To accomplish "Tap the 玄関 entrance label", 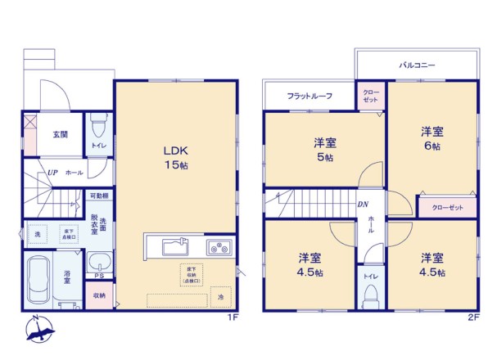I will pos(61,135).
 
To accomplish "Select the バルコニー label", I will pos(417,63).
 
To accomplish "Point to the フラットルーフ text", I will pos(309,97).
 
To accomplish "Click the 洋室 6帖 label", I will pos(431,138).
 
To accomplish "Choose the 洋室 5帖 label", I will pos(324,150).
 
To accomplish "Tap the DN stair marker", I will pos(361,205).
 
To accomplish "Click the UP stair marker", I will pos(52,173).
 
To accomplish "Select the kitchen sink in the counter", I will pos(174,246).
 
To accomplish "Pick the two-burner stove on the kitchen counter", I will pos(219,247).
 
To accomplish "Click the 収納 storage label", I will pos(99,295).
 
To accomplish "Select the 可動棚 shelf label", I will pos(98,196).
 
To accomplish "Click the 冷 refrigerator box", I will pos(219,295).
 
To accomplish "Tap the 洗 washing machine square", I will pos(37,235).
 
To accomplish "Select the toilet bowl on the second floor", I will pos(370,293).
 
